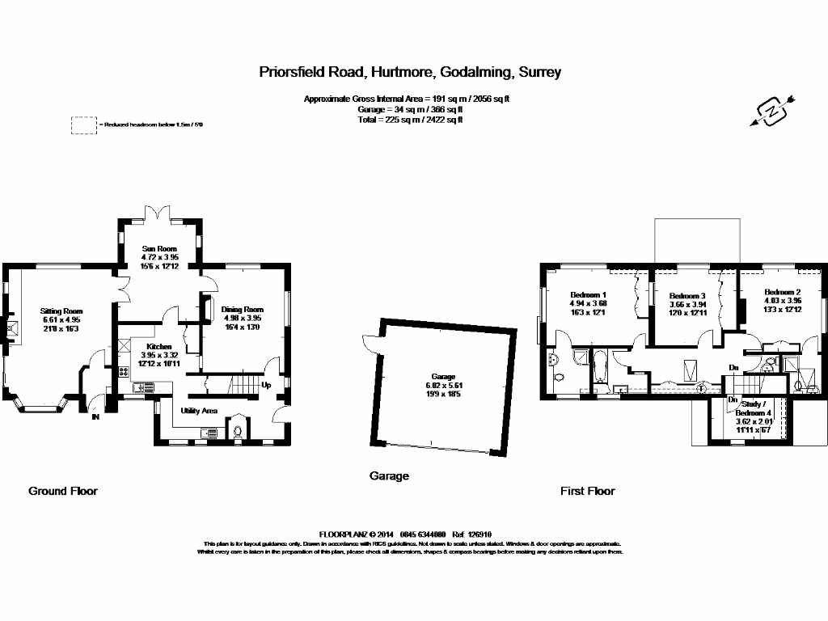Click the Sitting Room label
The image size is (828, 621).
coord(62,310)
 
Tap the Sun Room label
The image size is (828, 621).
coord(159,249)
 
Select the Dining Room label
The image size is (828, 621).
coord(243,309)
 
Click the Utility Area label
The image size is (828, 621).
coord(199,411)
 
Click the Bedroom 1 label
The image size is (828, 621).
coord(588,294)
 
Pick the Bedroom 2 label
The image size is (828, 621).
coord(782,292)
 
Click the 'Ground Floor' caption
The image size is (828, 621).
coord(63,491)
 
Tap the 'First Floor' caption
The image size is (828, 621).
coord(588,491)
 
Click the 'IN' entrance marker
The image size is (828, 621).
coord(95,417)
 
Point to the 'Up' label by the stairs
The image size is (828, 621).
coord(266,385)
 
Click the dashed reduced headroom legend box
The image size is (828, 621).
coord(83,125)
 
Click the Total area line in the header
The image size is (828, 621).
coord(411,120)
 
